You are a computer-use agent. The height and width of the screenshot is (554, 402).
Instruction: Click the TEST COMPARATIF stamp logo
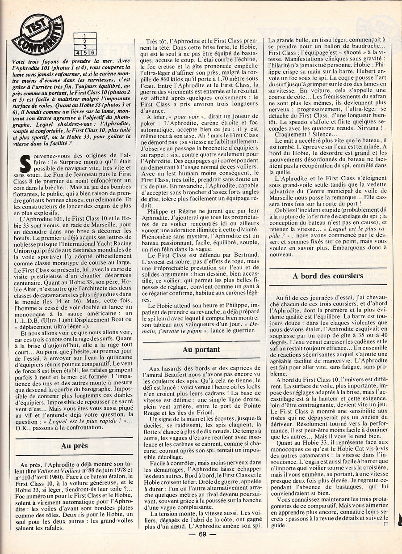pyautogui.click(x=38, y=34)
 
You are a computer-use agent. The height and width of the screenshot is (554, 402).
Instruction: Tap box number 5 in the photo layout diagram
pyautogui.click(x=85, y=52)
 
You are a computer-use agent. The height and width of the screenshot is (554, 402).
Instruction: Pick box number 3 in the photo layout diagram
pyautogui.click(x=85, y=47)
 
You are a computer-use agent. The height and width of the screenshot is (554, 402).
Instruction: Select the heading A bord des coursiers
pyautogui.click(x=327, y=276)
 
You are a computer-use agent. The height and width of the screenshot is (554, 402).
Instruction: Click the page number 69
pyautogui.click(x=202, y=533)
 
